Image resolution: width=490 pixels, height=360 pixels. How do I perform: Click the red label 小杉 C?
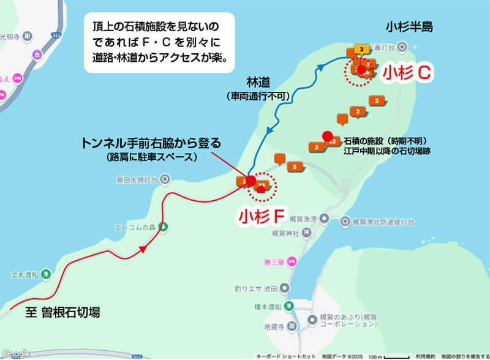point(408,72)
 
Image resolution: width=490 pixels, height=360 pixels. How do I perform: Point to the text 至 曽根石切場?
point(62,312)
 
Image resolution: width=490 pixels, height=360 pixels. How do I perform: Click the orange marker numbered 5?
point(295,167)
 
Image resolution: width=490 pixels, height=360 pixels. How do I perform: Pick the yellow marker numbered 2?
point(362,49)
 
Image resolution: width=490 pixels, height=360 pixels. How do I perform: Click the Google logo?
point(15,353)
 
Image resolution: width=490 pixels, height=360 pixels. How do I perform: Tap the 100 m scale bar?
point(386,355)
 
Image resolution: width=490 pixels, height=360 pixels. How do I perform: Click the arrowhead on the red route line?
point(143,249)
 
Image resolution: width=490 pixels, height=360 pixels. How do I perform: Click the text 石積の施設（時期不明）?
point(385,140)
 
